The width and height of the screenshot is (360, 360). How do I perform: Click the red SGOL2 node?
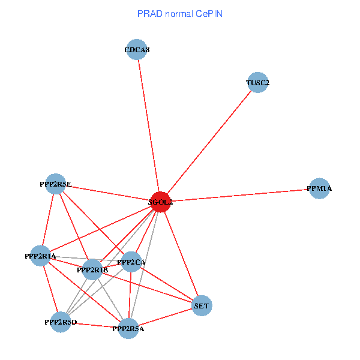click(160, 202)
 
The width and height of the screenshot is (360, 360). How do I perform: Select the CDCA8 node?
click(137, 50)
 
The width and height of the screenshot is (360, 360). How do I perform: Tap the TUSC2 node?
click(257, 83)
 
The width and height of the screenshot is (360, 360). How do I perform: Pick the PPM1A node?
click(319, 189)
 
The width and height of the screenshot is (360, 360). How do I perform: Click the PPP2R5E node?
click(55, 184)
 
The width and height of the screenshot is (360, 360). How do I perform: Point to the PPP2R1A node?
click(40, 256)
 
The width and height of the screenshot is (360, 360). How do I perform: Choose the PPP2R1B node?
click(92, 270)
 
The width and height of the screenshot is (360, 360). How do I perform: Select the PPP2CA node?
click(131, 262)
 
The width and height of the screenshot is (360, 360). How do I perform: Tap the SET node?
click(202, 306)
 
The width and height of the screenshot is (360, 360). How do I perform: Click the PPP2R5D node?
click(61, 322)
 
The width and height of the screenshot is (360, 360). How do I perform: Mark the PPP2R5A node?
click(128, 328)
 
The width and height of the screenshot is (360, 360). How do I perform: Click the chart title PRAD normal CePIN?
click(180, 13)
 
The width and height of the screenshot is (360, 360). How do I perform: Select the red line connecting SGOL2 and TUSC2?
click(209, 143)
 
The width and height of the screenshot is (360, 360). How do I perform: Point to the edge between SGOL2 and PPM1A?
click(240, 196)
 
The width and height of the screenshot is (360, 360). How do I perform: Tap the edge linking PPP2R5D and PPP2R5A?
click(94, 325)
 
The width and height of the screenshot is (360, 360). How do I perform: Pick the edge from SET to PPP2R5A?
click(165, 317)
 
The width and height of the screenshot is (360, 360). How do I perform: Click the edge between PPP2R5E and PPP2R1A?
click(48, 220)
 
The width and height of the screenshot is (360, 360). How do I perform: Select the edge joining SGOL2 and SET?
click(181, 254)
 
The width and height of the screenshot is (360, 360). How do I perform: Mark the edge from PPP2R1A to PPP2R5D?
click(50, 289)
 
